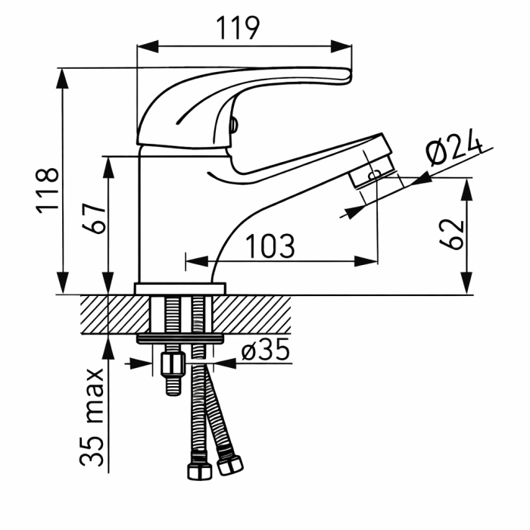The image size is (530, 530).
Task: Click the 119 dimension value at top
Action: click(x=238, y=28)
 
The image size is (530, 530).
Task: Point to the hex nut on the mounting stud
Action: click(x=173, y=364)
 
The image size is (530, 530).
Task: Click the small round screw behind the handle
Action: click(x=233, y=126)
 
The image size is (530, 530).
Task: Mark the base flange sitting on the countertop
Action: click(x=180, y=288)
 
